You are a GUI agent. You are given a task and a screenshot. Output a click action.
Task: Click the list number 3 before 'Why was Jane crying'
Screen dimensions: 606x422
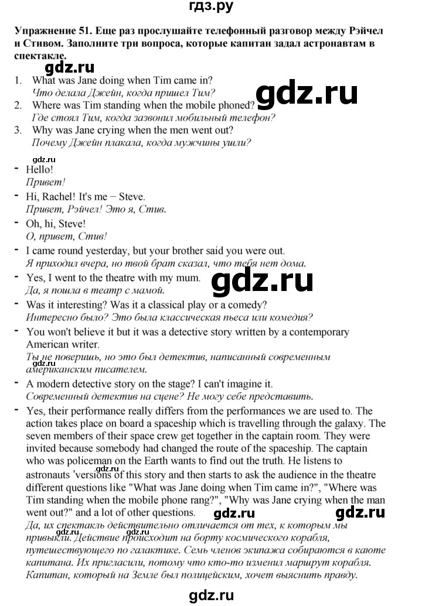click(18, 130)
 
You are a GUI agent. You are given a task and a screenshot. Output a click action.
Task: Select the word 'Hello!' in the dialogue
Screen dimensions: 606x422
click(40, 169)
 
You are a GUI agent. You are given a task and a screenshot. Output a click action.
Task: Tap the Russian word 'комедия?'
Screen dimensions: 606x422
click(292, 318)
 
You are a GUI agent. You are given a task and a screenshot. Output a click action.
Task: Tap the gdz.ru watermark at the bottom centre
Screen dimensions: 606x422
click(212, 595)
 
